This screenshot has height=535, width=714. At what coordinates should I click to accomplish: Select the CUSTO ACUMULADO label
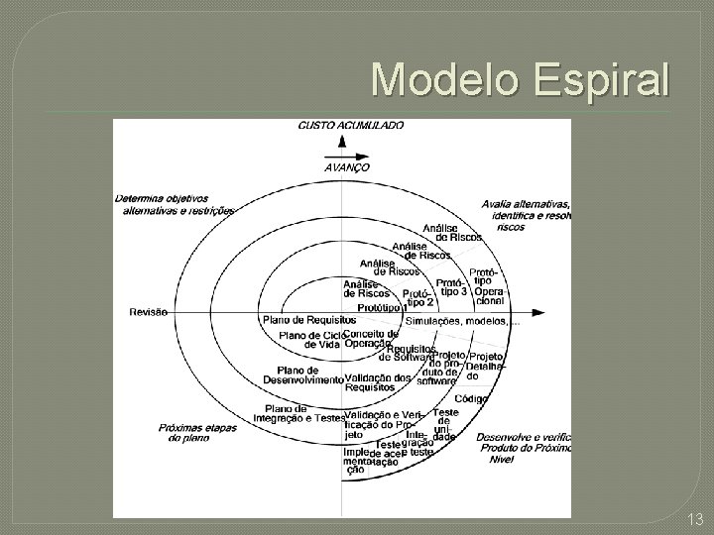351,126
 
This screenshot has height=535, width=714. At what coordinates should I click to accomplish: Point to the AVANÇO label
347,167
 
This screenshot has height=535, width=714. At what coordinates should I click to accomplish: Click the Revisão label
149,312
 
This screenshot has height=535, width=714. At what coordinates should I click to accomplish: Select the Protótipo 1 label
382,308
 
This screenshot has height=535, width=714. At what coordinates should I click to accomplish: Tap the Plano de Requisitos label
309,320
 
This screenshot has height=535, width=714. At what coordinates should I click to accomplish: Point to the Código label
471,398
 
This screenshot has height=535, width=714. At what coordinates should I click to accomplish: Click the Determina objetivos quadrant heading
175,203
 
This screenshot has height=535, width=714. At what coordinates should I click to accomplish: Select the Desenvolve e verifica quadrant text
524,447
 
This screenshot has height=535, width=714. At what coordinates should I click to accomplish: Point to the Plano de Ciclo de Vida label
311,341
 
